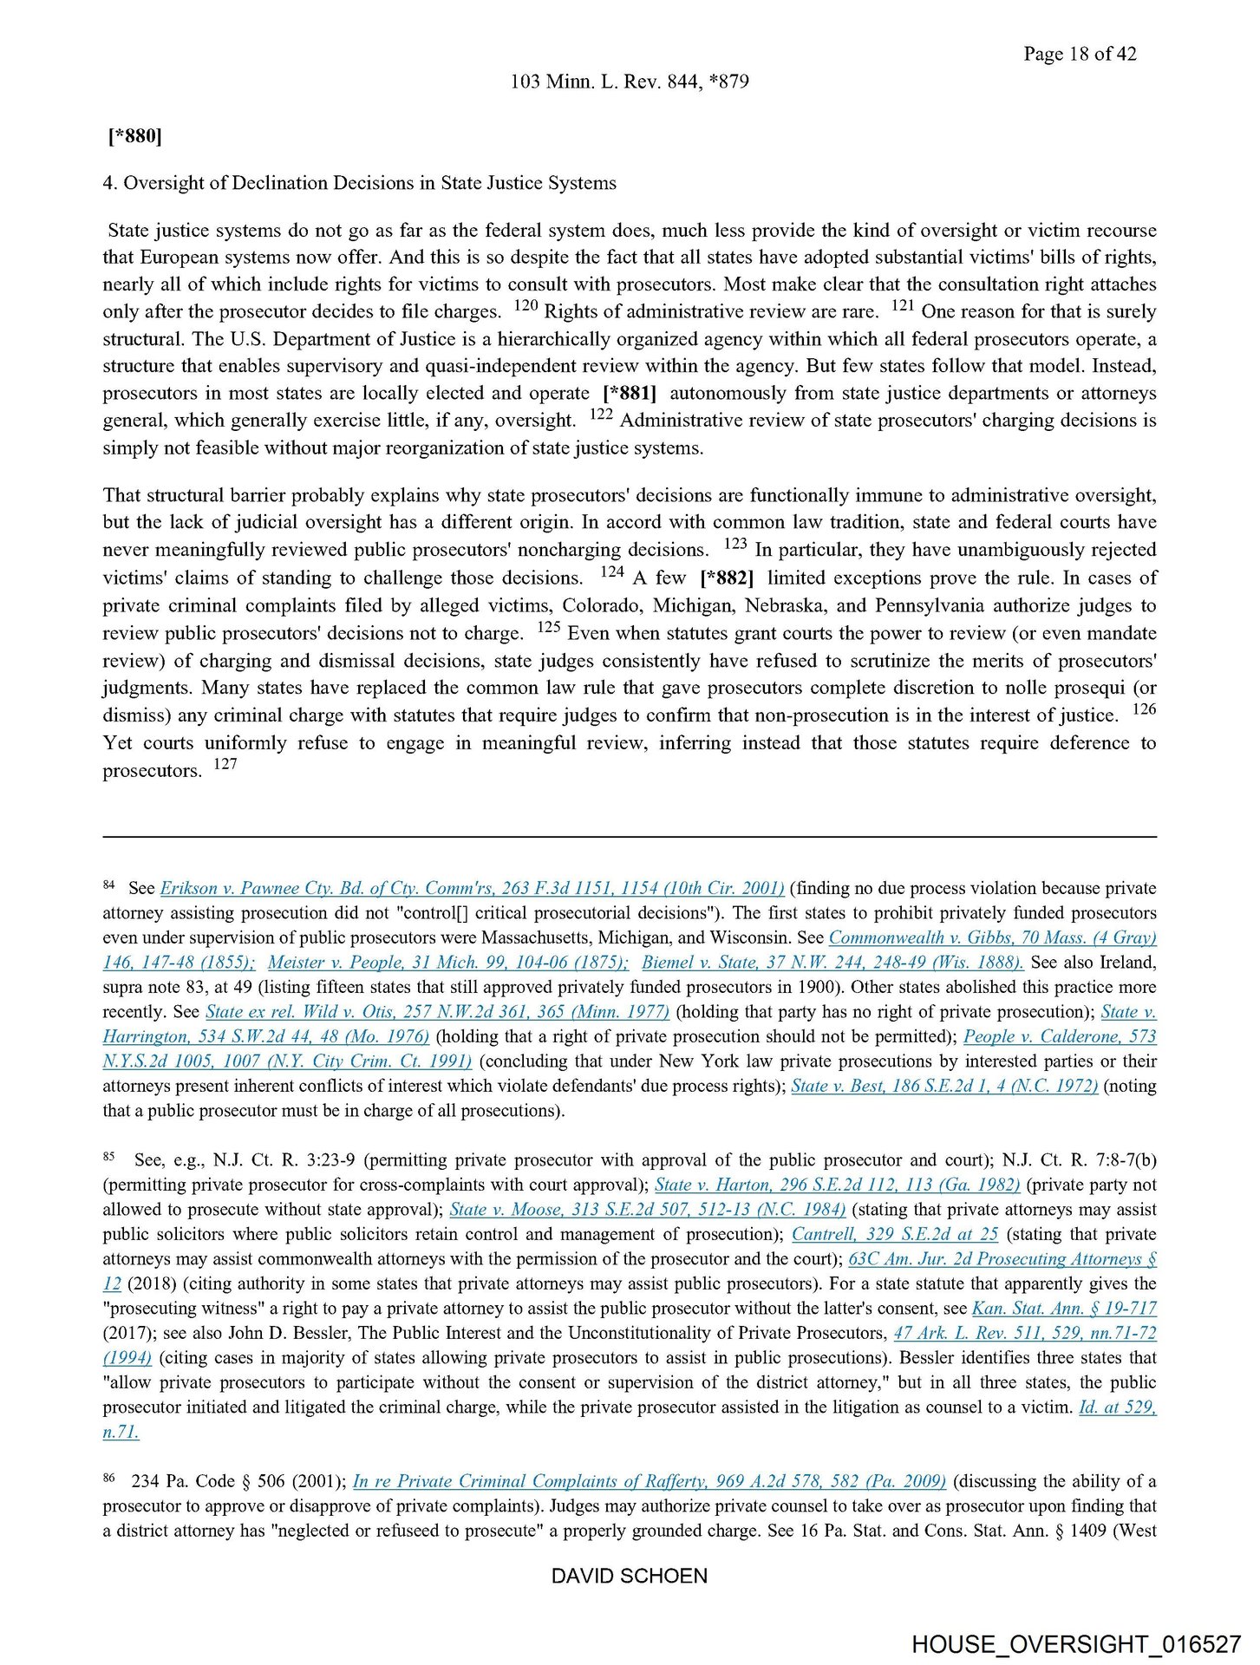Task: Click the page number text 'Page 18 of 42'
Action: pyautogui.click(x=1079, y=54)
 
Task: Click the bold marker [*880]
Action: pyautogui.click(x=134, y=136)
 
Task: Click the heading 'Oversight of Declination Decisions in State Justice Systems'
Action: pyautogui.click(x=369, y=183)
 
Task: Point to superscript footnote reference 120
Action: pyautogui.click(x=526, y=306)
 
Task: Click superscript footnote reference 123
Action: pyautogui.click(x=734, y=545)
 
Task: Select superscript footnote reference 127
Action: pyautogui.click(x=225, y=764)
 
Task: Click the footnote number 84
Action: pyautogui.click(x=109, y=885)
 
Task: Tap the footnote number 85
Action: pyautogui.click(x=109, y=1157)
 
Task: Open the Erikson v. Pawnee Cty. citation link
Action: pyautogui.click(x=473, y=889)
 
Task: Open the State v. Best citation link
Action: pyautogui.click(x=944, y=1087)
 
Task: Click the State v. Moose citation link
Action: pyautogui.click(x=647, y=1210)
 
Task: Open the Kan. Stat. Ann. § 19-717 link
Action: pyautogui.click(x=1064, y=1309)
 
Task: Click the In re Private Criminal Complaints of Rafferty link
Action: pyautogui.click(x=650, y=1482)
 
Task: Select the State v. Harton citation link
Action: pyautogui.click(x=837, y=1185)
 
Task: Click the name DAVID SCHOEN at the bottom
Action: pyautogui.click(x=630, y=1576)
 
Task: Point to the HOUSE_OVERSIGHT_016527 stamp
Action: pyautogui.click(x=1076, y=1644)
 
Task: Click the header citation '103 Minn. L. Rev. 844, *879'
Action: pyautogui.click(x=630, y=82)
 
